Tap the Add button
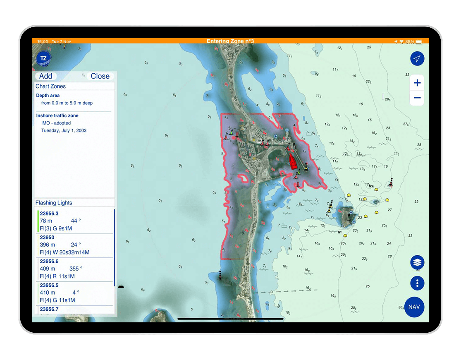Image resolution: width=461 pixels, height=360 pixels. (x=46, y=76)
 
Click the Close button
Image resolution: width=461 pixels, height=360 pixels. (x=100, y=76)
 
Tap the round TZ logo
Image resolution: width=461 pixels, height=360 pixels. (x=43, y=59)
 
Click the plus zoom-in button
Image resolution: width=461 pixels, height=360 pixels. (x=417, y=83)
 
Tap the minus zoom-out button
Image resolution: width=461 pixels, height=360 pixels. (x=417, y=98)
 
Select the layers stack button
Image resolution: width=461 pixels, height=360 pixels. (x=417, y=262)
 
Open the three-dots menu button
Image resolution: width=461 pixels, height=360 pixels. (x=417, y=283)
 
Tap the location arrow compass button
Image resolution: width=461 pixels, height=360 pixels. (x=417, y=59)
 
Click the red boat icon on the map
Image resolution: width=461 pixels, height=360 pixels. (x=293, y=161)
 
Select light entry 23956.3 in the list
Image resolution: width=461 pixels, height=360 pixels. (x=74, y=221)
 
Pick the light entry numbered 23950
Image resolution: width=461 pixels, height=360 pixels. (x=74, y=245)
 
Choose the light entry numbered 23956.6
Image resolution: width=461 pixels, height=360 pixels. (x=74, y=269)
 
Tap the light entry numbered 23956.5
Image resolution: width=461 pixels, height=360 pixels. (x=74, y=293)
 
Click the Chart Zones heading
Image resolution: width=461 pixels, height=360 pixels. (x=50, y=86)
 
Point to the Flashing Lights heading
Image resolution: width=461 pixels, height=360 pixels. (x=54, y=203)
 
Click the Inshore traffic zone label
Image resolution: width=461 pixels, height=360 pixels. (x=57, y=115)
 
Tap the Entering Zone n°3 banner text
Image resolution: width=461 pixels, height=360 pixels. (x=230, y=41)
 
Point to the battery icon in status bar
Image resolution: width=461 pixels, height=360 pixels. (x=419, y=42)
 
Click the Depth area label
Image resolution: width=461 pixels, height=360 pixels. (x=48, y=96)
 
